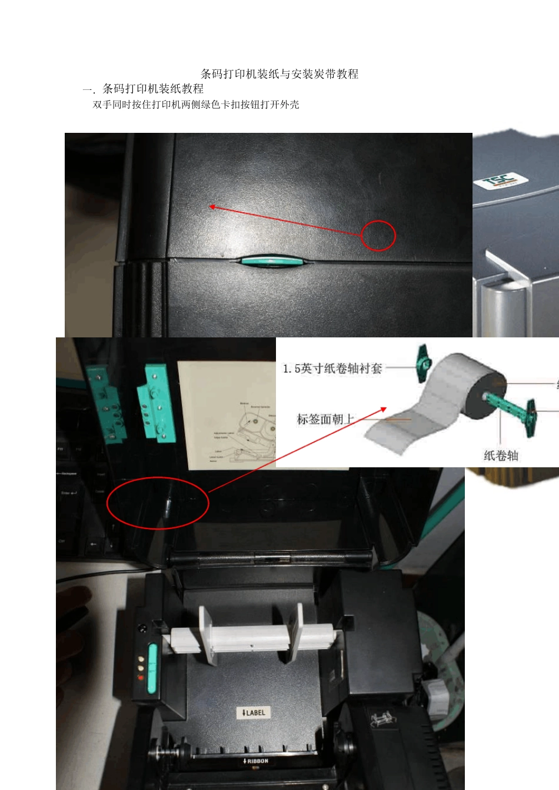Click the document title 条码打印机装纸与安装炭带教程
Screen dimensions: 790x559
tap(279, 74)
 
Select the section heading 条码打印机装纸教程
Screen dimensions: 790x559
tap(152, 89)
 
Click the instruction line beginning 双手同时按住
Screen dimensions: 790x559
tap(196, 105)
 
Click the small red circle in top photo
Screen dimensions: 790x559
tap(378, 235)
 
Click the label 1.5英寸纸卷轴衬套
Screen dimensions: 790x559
tap(332, 369)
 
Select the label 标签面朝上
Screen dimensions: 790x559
tap(325, 419)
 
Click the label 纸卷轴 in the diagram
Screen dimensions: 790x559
tap(501, 455)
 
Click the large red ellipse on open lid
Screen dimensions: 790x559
tap(158, 503)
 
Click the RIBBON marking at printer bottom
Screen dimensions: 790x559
tap(255, 761)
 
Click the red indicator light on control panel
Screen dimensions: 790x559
tap(140, 678)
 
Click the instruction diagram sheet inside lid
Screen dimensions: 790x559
tap(227, 414)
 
